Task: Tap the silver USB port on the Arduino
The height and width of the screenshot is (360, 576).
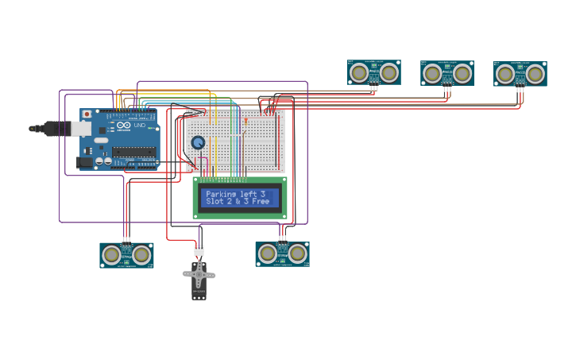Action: [x=80, y=128]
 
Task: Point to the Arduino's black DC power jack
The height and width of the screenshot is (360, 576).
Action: [x=83, y=162]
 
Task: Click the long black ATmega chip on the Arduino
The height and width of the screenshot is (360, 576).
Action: [x=133, y=151]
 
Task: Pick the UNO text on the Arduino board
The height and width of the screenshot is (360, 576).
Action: [x=139, y=126]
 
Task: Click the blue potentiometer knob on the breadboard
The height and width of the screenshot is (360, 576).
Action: [x=198, y=143]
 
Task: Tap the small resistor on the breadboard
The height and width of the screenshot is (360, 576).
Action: [x=245, y=121]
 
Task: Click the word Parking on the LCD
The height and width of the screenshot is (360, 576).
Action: [x=222, y=194]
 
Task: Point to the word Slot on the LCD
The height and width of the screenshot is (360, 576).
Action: [x=214, y=202]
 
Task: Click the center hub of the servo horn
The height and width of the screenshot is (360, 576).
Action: [x=199, y=275]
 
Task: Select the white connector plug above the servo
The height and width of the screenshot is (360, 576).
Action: [x=199, y=250]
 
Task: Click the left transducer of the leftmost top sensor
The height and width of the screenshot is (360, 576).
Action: [x=359, y=73]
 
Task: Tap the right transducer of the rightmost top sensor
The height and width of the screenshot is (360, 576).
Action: [x=535, y=75]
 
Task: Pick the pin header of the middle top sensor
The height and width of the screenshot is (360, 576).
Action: [x=447, y=87]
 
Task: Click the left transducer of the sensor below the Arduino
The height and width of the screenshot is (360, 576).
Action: [x=112, y=254]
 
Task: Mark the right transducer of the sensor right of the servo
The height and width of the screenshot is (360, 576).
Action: [x=298, y=254]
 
